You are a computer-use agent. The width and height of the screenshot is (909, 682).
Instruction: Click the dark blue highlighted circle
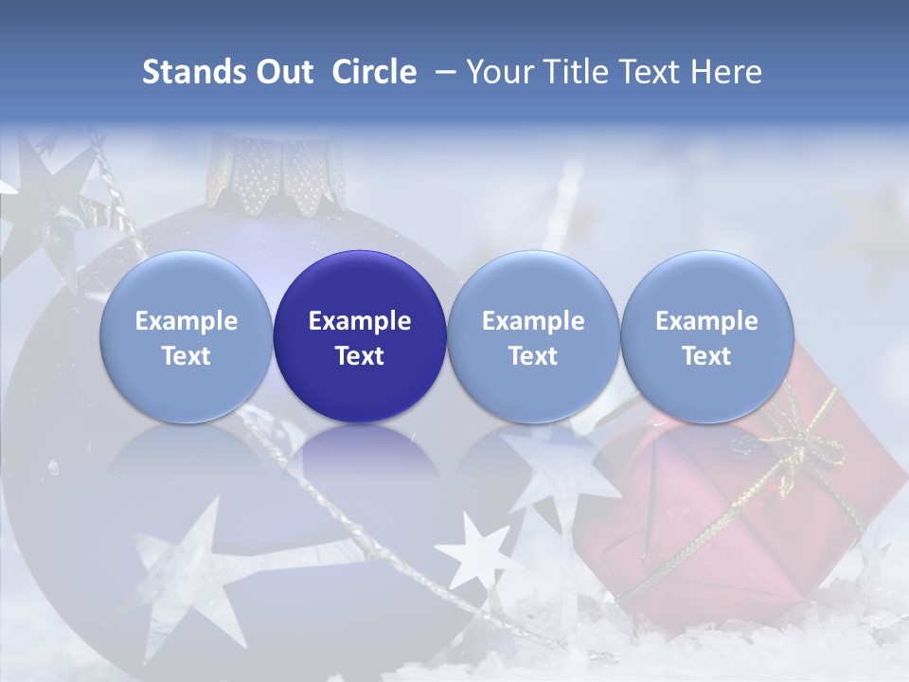coord(360,336)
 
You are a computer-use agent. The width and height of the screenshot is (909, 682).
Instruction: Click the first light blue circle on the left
coord(187,336)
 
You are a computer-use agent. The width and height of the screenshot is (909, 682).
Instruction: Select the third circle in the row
coord(533,336)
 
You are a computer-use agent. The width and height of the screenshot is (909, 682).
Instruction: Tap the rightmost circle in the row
coord(706,336)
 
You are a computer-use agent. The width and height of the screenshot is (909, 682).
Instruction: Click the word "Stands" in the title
coord(192,72)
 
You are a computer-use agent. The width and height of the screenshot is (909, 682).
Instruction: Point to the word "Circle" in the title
coord(374,72)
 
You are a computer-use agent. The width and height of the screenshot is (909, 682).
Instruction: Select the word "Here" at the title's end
coord(728,72)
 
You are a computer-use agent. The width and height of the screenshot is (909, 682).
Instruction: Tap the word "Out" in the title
coord(283,72)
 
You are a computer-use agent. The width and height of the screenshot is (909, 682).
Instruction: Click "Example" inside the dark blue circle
coord(360,321)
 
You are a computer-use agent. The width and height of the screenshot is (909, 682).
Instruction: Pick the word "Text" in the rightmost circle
coord(706,356)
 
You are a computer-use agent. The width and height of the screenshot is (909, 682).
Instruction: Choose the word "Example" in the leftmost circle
coord(187,321)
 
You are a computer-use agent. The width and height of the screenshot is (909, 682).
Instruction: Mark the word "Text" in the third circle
coord(533,356)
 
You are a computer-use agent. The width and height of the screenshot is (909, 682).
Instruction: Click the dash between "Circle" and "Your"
coord(441,72)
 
